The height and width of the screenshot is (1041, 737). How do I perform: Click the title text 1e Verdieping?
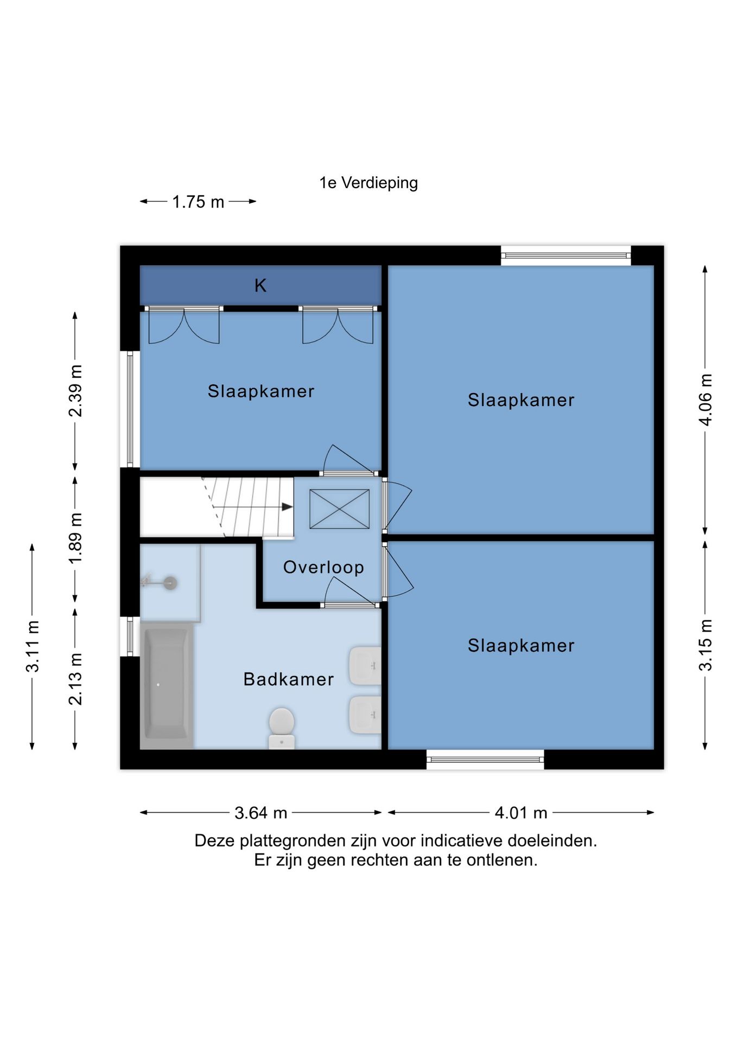pyautogui.click(x=368, y=183)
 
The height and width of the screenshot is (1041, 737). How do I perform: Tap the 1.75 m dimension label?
pyautogui.click(x=198, y=202)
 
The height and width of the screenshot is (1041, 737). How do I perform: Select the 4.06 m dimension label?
pyautogui.click(x=705, y=400)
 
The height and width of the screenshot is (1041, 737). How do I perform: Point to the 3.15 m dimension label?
pyautogui.click(x=705, y=645)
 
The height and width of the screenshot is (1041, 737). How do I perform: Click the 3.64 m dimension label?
pyautogui.click(x=261, y=813)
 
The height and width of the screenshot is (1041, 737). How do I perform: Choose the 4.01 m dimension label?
pyautogui.click(x=521, y=813)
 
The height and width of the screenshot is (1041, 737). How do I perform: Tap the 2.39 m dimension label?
pyautogui.click(x=75, y=391)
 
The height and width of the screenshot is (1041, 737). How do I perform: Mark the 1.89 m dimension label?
pyautogui.click(x=75, y=538)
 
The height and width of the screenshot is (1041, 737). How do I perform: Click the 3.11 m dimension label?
pyautogui.click(x=33, y=646)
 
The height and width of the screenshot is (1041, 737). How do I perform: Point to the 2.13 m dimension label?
pyautogui.click(x=75, y=679)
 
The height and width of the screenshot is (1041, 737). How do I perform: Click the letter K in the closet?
pyautogui.click(x=261, y=286)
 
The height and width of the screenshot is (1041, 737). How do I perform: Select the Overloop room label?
pyautogui.click(x=323, y=567)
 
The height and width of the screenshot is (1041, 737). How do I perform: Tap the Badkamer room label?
pyautogui.click(x=288, y=679)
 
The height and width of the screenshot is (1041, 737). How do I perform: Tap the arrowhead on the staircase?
pyautogui.click(x=287, y=507)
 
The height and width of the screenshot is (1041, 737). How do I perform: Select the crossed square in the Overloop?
pyautogui.click(x=340, y=509)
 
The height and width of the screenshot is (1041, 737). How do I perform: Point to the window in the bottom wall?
pyautogui.click(x=485, y=760)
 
